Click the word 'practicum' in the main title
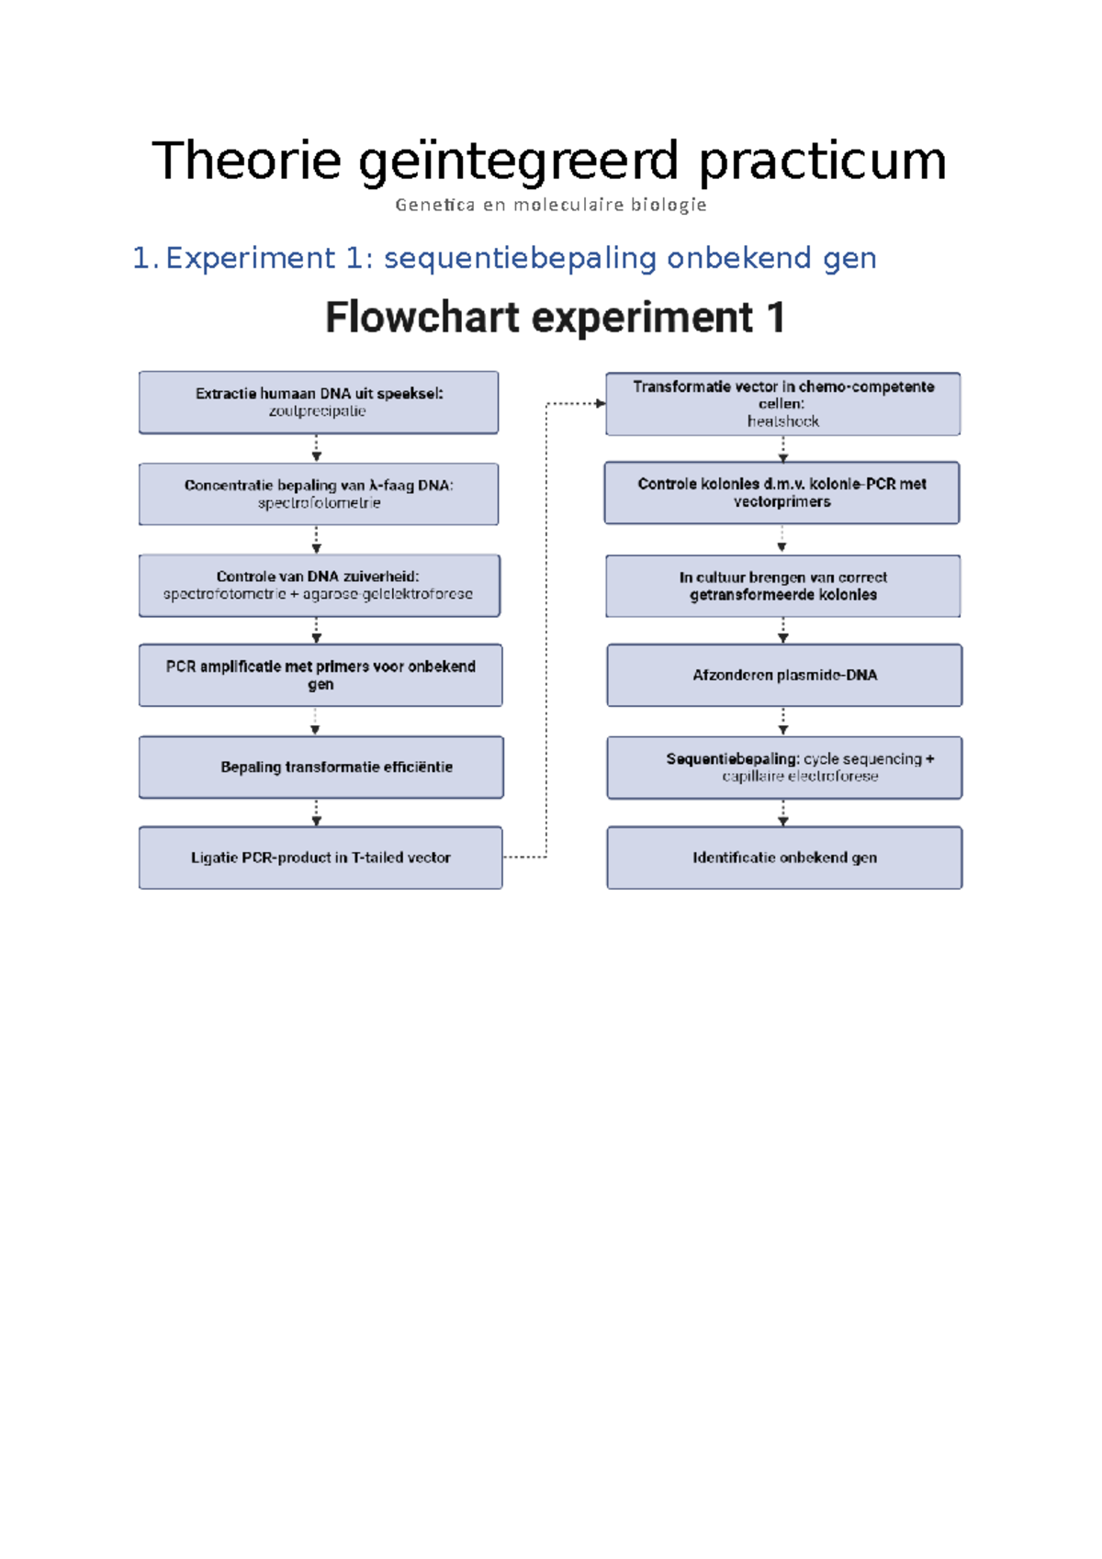pos(822,162)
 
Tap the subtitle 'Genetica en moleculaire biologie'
pos(551,205)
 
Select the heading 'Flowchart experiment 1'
pos(556,318)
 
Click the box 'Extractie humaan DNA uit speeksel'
pos(319,402)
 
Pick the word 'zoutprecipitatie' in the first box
pos(317,411)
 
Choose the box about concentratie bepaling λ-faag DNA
pos(319,494)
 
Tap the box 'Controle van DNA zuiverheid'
pos(319,585)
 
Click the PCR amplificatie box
pos(320,675)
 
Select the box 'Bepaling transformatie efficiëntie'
pos(320,767)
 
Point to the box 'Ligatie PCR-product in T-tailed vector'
pos(320,858)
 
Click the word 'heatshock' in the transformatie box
pos(782,421)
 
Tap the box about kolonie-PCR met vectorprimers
pos(782,493)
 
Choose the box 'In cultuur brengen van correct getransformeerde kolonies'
pos(783,586)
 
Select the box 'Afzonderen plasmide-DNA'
pos(784,675)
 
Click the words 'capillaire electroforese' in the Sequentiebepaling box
pos(800,777)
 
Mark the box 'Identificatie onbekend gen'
pos(784,858)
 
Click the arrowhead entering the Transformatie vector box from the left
pos(600,403)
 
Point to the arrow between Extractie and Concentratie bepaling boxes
pos(316,449)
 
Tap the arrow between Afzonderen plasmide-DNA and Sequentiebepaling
pos(783,722)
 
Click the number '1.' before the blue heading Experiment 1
pos(145,259)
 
